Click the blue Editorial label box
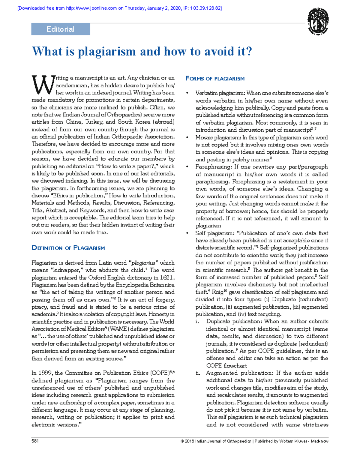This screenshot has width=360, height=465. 61,29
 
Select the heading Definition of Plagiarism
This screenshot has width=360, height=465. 68,248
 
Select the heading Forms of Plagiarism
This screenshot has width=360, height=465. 215,79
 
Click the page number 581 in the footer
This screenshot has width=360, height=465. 35,441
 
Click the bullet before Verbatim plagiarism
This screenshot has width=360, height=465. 187,93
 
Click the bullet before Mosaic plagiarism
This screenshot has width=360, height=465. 187,137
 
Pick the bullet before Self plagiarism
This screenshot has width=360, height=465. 187,233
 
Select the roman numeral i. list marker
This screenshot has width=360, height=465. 197,321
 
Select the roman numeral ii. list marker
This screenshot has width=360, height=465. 198,373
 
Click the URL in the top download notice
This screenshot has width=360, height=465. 91,8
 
